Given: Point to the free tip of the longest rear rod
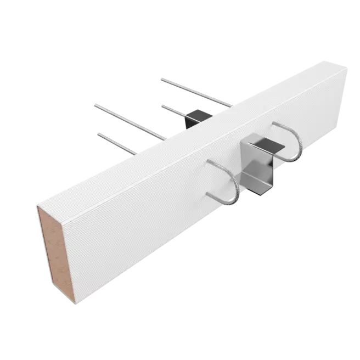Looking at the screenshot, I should tap(94, 104).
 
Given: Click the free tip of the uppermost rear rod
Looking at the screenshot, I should tap(160, 80).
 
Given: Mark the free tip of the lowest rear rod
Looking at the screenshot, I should tap(99, 133).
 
